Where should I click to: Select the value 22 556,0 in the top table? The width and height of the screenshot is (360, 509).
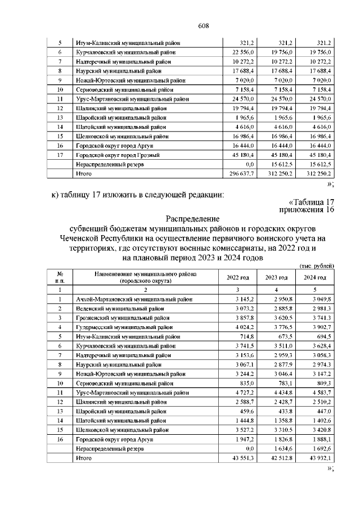pyautogui.click(x=243, y=52)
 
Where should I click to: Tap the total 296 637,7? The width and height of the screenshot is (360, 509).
pyautogui.click(x=242, y=174)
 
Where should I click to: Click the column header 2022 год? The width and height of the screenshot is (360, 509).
pyautogui.click(x=237, y=278)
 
